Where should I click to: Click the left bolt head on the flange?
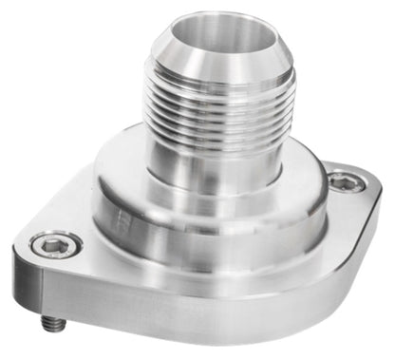click(56, 245)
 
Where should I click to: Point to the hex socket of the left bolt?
click(56, 245)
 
